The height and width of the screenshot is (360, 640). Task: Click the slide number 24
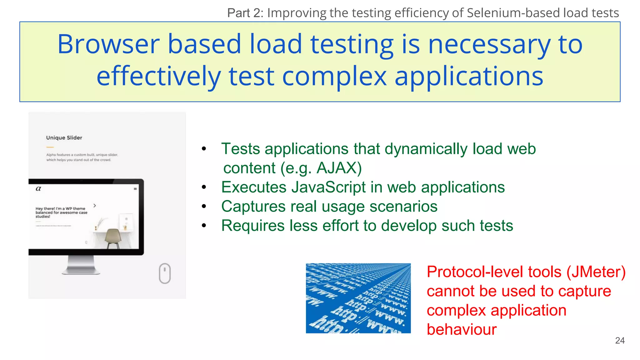tap(620, 340)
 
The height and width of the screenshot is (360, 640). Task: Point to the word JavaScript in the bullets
tap(328, 187)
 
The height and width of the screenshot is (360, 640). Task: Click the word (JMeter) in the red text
tap(596, 272)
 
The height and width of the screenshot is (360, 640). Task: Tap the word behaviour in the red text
tap(462, 330)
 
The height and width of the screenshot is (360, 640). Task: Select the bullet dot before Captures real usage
tap(204, 207)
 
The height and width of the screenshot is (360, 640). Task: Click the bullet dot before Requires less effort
tap(204, 226)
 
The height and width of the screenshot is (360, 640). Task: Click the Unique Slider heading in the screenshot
tap(64, 138)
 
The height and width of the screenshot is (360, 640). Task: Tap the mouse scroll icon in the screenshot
tap(165, 273)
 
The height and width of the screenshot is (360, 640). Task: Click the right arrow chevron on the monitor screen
tap(95, 206)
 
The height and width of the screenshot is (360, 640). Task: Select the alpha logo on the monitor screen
tap(38, 188)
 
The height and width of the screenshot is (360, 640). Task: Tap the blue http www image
tap(358, 298)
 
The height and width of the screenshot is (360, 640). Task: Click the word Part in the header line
tap(238, 13)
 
